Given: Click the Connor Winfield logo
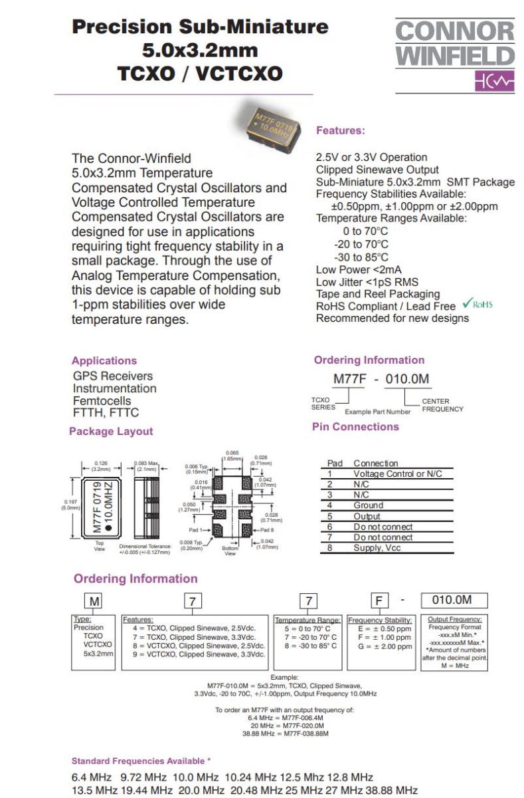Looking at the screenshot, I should click(454, 53).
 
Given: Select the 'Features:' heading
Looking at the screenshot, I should click(340, 131).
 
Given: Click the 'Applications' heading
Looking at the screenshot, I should click(104, 360).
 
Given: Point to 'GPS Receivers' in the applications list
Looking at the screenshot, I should click(113, 376).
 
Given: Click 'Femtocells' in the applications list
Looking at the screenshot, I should click(102, 401).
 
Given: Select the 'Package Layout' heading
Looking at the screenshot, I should click(111, 431).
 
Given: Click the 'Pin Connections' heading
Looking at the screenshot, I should click(355, 426).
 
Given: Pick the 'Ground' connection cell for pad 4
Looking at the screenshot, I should click(368, 505).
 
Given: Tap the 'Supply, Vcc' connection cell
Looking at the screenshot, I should click(377, 548).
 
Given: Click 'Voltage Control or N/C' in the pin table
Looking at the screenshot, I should click(397, 474).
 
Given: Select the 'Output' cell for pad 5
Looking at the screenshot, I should click(367, 516).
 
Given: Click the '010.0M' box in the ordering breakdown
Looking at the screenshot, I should click(451, 600).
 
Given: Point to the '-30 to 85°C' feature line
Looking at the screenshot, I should click(361, 257).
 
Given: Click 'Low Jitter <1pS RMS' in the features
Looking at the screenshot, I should click(367, 282).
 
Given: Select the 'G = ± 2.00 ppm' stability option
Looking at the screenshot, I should click(385, 646).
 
